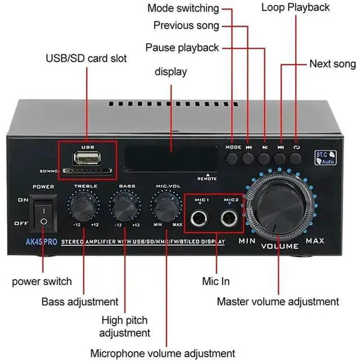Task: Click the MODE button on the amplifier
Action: (233, 157)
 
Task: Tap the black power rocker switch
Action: (43, 213)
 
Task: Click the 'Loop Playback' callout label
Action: (295, 7)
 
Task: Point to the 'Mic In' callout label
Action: (215, 281)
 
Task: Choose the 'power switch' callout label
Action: (42, 281)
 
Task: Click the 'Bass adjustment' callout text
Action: (80, 302)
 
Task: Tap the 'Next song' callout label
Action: (332, 64)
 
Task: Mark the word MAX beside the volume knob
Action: (314, 241)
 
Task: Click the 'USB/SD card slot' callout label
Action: (86, 58)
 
